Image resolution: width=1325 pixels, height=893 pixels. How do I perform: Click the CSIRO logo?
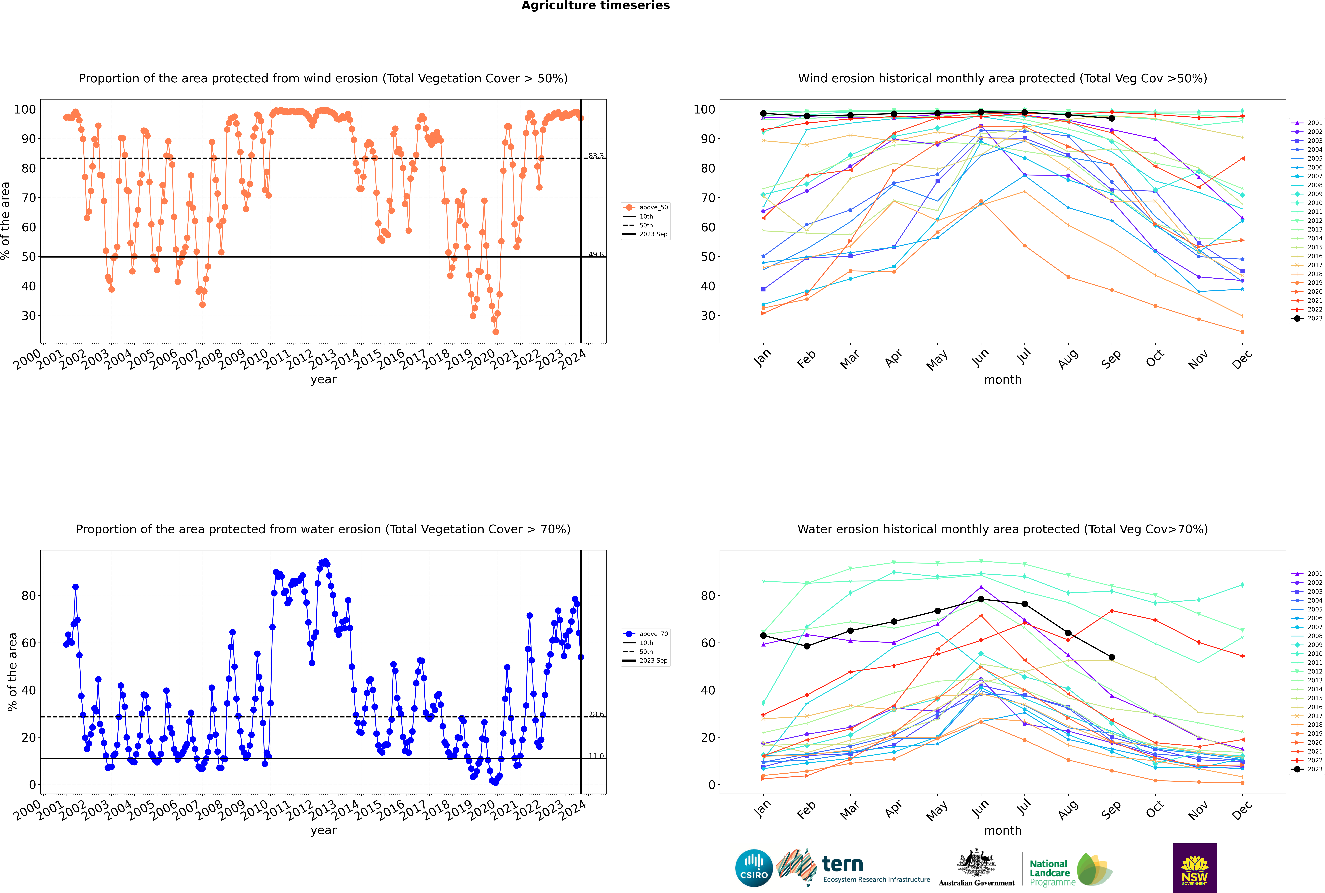(x=754, y=868)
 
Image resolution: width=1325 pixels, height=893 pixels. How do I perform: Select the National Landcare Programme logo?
(x=1070, y=870)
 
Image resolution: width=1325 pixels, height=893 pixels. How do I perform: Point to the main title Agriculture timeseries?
(x=595, y=6)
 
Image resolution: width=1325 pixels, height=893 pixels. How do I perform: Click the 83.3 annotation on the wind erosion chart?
(x=596, y=155)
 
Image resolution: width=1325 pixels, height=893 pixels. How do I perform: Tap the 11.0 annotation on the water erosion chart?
(x=596, y=756)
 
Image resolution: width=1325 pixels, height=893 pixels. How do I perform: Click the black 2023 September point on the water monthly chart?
(x=1111, y=657)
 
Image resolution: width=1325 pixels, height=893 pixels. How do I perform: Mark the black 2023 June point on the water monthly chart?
(x=980, y=599)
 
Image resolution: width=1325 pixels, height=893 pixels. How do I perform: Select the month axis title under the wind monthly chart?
(x=1003, y=380)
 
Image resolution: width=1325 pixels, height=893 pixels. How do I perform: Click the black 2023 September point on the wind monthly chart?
(x=1111, y=118)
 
